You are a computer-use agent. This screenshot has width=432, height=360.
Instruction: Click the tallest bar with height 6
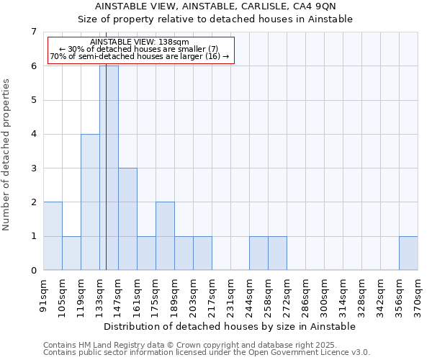coord(109,168)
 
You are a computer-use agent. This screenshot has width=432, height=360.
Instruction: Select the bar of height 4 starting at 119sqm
coord(90,202)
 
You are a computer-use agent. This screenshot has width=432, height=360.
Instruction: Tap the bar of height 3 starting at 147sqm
coord(127,219)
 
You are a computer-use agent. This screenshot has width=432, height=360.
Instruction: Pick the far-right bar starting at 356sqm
coord(408,253)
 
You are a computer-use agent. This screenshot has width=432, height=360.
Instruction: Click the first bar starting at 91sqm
coord(53,236)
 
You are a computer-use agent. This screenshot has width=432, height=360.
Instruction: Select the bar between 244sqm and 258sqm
coord(258,253)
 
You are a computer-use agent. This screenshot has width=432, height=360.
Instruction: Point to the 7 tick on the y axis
coord(33,32)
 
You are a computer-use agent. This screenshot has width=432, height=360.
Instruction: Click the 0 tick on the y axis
coord(33,271)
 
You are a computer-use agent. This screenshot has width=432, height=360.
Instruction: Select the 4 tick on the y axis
coord(33,134)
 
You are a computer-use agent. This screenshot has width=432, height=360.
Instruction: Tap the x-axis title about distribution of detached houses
coord(230,326)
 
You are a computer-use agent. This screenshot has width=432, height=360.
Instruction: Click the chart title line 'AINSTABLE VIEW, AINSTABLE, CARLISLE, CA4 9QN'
coord(215,6)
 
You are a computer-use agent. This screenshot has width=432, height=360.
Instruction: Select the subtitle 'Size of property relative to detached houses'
coord(215,19)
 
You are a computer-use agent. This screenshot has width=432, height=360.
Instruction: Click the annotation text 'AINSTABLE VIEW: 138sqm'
coord(140,42)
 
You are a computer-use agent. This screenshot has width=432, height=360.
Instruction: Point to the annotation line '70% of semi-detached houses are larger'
coord(140,56)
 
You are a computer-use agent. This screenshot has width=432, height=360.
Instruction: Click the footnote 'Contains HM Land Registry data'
coord(185,345)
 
